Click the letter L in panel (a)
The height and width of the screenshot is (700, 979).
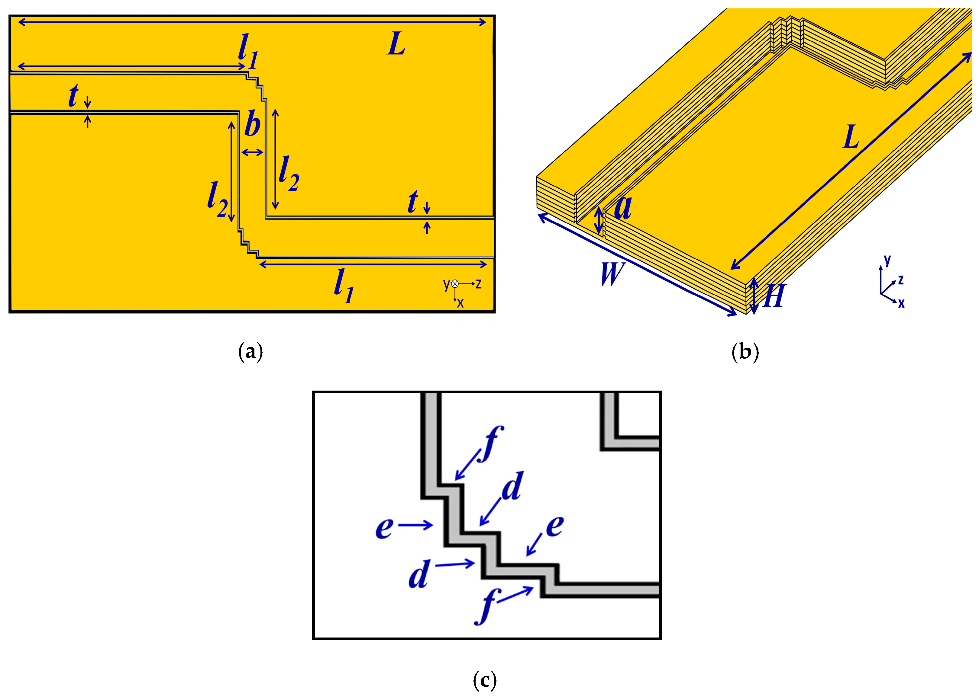click(396, 44)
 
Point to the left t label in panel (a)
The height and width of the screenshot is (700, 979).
click(73, 95)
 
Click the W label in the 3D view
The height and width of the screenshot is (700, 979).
click(612, 274)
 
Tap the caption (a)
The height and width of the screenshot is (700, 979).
click(250, 352)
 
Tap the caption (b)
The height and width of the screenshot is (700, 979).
click(745, 352)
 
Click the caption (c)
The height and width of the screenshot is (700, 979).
click(485, 680)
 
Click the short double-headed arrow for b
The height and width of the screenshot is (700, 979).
click(252, 152)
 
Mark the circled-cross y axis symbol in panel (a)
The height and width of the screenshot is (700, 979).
click(455, 284)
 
